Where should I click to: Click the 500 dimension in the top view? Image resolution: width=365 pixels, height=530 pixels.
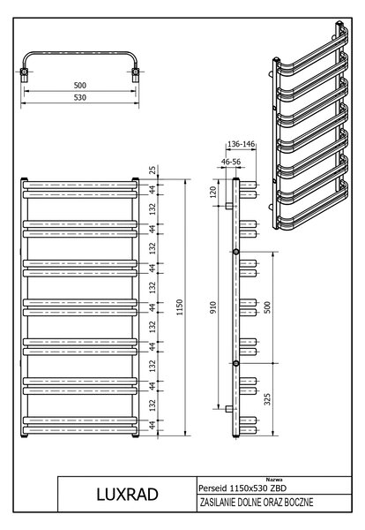80,85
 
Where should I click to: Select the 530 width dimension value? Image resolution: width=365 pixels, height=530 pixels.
80,97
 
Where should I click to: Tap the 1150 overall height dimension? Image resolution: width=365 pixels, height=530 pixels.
180,307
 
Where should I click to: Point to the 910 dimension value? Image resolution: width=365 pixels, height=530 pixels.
212,307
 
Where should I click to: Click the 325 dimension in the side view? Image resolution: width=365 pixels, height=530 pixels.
267,399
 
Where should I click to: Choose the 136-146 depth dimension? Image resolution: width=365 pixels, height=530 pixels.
241,144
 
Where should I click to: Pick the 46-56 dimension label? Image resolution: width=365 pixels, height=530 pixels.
231,162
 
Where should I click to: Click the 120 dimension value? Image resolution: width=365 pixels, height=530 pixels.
212,193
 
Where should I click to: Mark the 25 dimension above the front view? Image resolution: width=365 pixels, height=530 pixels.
153,170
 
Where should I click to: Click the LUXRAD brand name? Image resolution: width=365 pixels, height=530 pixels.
128,495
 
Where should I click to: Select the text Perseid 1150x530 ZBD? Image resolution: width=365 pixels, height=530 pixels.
242,488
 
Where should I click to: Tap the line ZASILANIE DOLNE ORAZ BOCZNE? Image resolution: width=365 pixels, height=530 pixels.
257,503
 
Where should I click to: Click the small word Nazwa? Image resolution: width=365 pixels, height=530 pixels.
274,480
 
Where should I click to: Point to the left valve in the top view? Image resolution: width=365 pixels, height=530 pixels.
25,74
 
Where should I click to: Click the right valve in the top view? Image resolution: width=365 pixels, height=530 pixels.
135,74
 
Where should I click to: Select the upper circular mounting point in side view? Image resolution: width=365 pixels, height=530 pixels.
236,252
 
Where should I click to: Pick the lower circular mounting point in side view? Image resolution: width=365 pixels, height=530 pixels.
236,363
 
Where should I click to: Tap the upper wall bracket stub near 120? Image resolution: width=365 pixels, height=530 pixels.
229,206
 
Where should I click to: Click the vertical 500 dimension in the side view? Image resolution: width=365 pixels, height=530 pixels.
267,307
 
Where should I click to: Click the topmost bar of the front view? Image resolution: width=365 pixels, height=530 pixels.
80,185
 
